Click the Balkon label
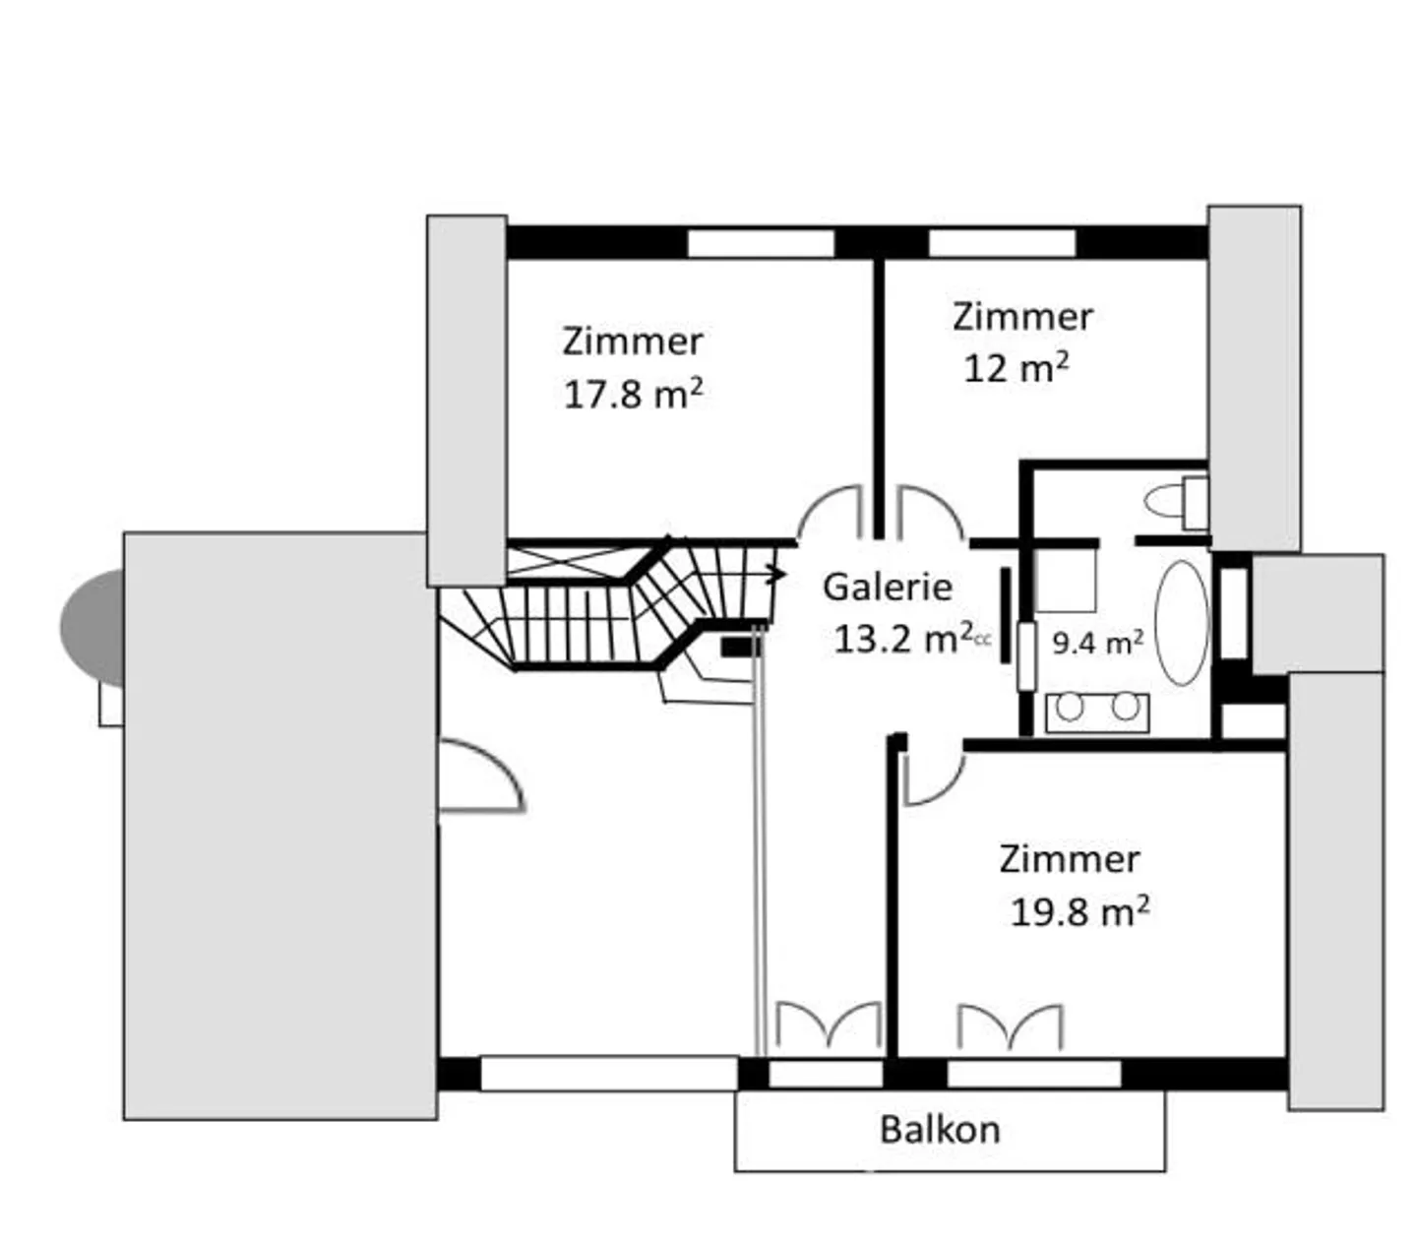(x=939, y=1130)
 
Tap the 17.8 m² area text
(x=633, y=395)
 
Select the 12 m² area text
(x=1016, y=369)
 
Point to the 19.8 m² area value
(x=1079, y=912)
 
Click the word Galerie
(x=887, y=588)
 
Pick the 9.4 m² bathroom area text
(x=1097, y=644)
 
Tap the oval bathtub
(x=1180, y=623)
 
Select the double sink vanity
(x=1096, y=710)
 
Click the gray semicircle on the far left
(x=92, y=627)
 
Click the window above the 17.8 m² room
(x=760, y=243)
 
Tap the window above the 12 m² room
(x=1001, y=243)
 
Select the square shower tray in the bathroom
(x=1066, y=581)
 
